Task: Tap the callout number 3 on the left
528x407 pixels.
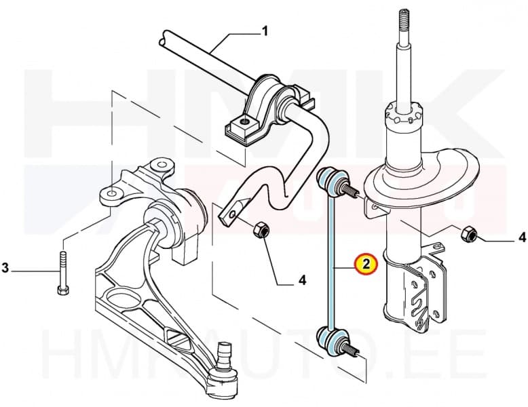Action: pyautogui.click(x=5, y=269)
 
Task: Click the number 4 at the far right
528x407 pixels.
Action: pyautogui.click(x=521, y=237)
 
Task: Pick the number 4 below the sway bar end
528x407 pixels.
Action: pyautogui.click(x=303, y=279)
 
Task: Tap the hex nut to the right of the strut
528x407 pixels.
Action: pyautogui.click(x=467, y=235)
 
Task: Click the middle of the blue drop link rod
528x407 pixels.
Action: pyautogui.click(x=330, y=261)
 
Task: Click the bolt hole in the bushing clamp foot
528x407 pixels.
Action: pyautogui.click(x=242, y=125)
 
